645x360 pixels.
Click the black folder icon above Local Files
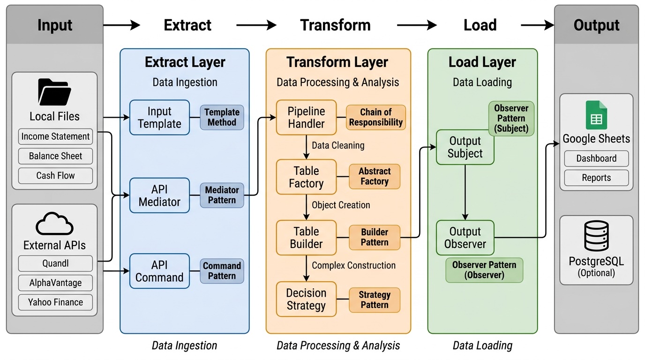(54, 92)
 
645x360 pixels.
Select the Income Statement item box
(55, 137)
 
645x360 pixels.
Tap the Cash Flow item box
(55, 176)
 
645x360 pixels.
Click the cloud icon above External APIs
(54, 224)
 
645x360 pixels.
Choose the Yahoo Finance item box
(55, 302)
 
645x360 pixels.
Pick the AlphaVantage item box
(55, 283)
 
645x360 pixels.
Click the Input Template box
(159, 118)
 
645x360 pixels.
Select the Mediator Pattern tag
(222, 195)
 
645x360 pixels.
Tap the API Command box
(159, 271)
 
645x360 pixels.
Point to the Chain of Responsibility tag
(375, 117)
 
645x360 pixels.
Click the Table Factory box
(306, 177)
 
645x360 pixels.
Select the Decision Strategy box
(306, 299)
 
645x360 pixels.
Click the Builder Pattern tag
(374, 237)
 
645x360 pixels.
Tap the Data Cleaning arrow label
(337, 145)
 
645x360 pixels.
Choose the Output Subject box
(465, 147)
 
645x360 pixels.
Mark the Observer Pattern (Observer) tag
(484, 270)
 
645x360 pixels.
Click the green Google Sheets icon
(596, 115)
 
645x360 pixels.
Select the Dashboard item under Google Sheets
(596, 158)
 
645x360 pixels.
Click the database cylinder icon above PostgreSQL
(596, 236)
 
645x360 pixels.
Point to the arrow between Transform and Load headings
(416, 25)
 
